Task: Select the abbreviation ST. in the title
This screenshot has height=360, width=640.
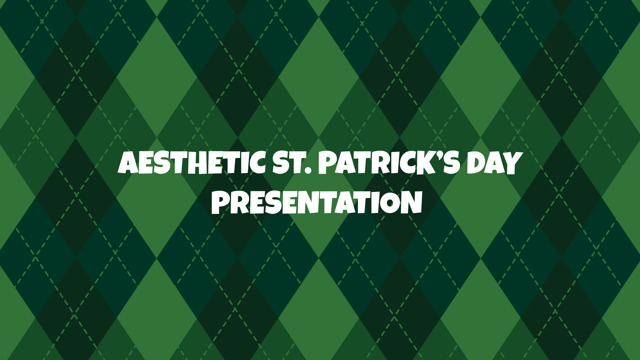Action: (291, 163)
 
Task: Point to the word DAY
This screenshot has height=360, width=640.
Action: (493, 163)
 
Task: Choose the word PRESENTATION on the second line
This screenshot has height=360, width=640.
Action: (317, 202)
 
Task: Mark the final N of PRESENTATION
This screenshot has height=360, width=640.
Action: (412, 202)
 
